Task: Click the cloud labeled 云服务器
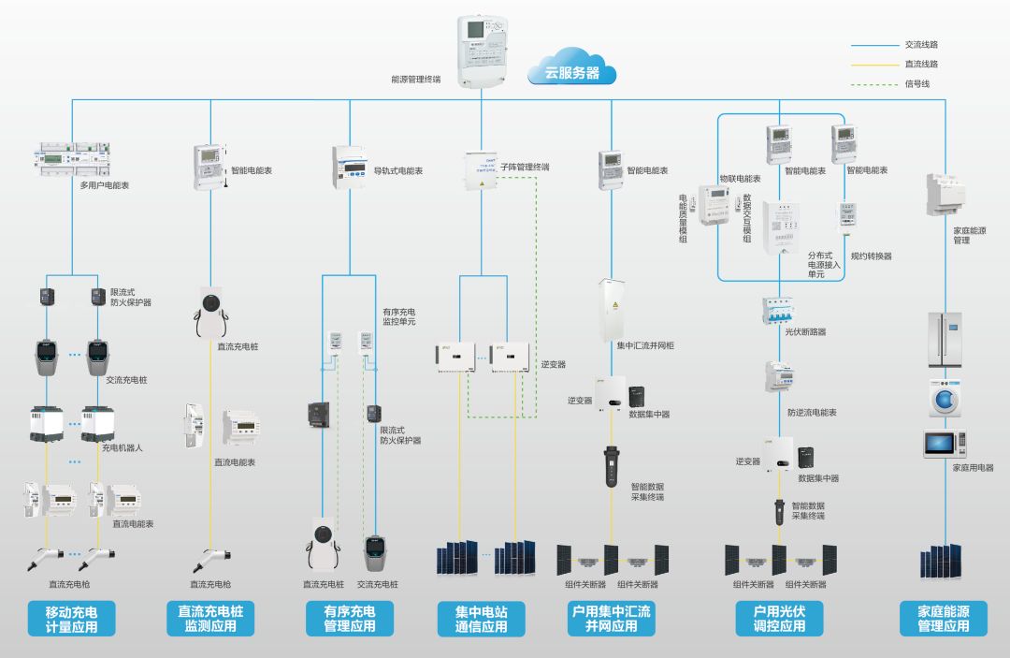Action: click(571, 70)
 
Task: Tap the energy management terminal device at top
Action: click(481, 51)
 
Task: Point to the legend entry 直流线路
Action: click(920, 64)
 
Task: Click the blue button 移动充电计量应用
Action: click(71, 619)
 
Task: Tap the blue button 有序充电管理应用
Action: click(349, 619)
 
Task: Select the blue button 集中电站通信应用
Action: click(482, 619)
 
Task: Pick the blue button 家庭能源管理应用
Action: click(943, 619)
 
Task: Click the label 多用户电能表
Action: click(105, 185)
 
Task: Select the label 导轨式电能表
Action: click(398, 171)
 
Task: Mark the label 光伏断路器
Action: click(805, 331)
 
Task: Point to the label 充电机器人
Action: click(123, 447)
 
